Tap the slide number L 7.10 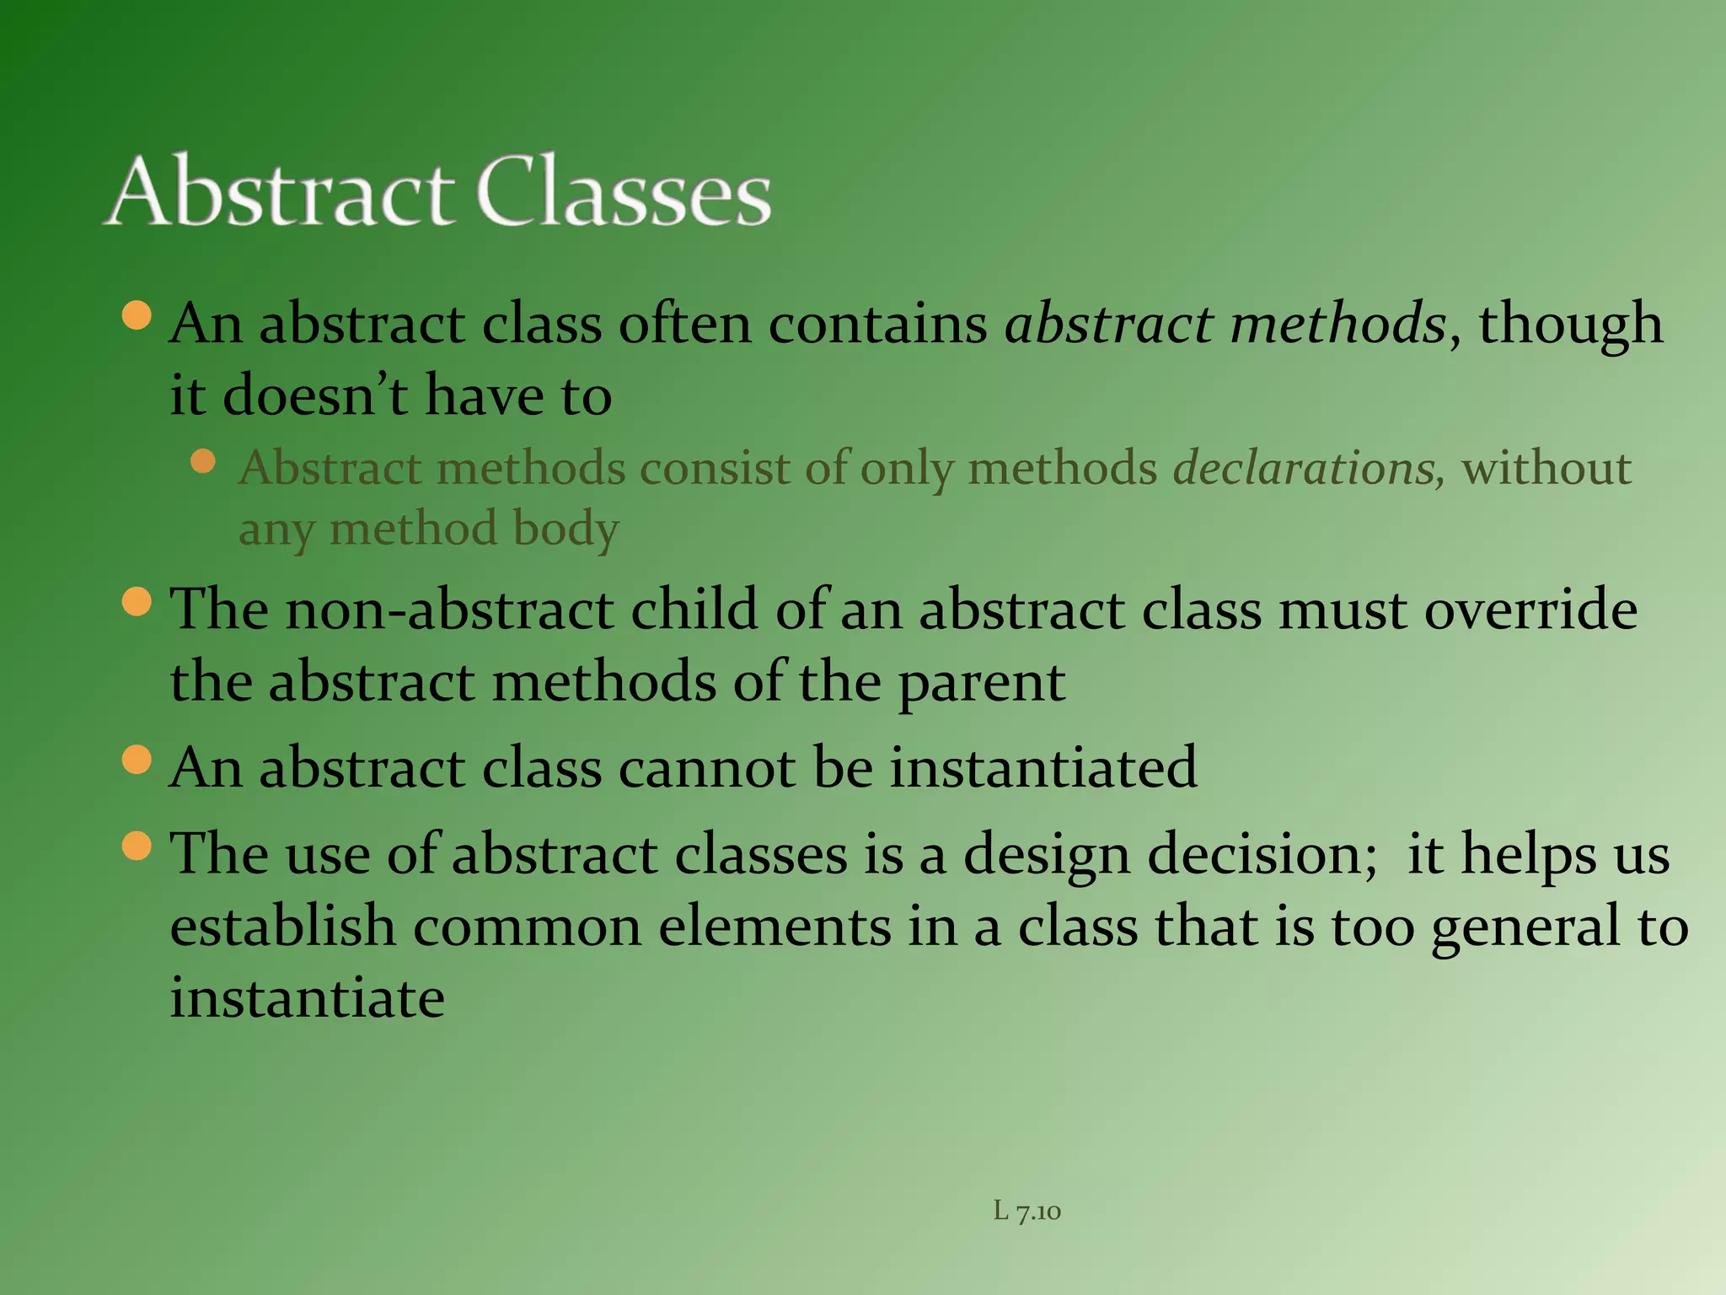1026,1212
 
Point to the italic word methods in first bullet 1338,324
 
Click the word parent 981,683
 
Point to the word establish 283,926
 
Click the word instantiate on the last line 308,997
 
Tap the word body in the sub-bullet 566,530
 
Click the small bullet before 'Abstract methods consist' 203,461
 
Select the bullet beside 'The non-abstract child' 137,602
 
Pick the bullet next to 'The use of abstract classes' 137,846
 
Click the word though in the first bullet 1571,324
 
